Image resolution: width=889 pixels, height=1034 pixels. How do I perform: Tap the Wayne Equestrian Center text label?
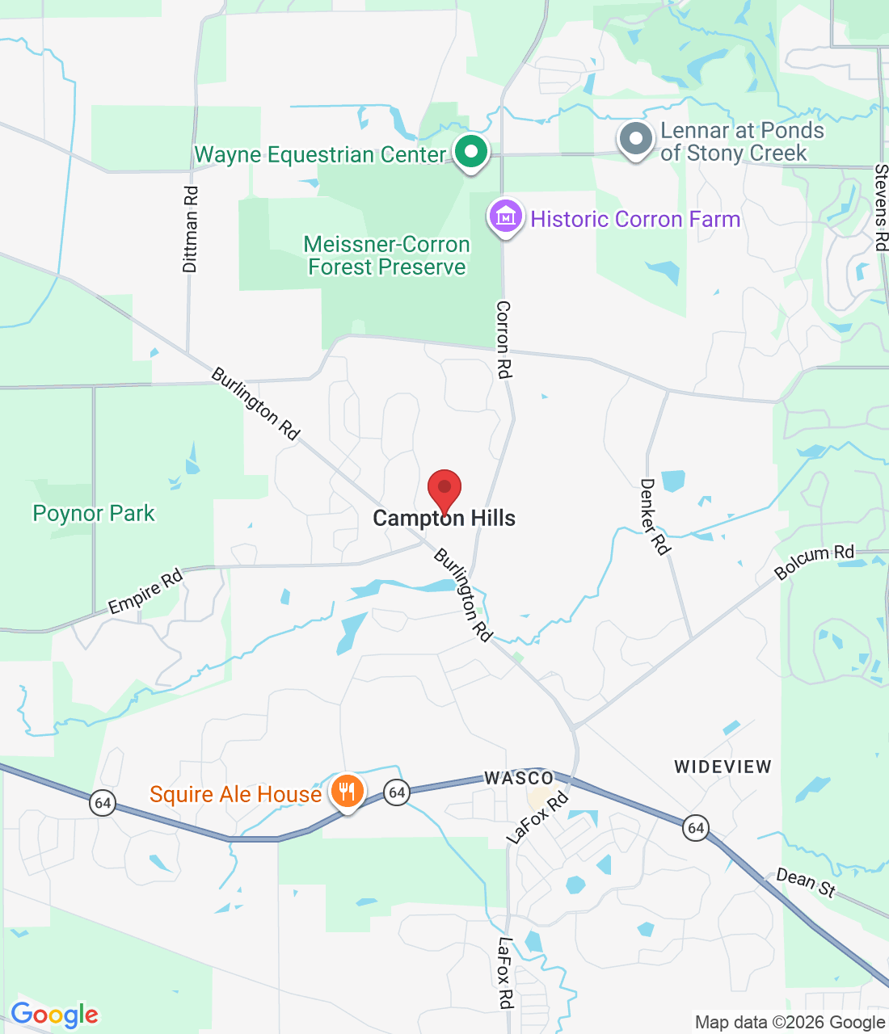[x=320, y=154]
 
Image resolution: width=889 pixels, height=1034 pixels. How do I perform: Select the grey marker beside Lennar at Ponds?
[x=636, y=140]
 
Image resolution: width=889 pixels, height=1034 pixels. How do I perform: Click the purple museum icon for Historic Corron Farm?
[x=506, y=216]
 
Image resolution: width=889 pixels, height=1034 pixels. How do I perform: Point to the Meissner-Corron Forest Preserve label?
[x=387, y=255]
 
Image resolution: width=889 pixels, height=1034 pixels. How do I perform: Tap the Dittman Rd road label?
[x=190, y=229]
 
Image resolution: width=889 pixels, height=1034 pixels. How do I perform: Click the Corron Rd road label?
[x=503, y=339]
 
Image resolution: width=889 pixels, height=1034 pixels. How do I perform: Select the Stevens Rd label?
[x=881, y=208]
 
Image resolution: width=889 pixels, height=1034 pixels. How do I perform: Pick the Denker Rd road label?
[x=655, y=517]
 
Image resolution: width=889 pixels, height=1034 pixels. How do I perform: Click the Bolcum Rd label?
[x=814, y=561]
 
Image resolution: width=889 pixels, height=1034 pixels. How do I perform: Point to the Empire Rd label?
[x=146, y=592]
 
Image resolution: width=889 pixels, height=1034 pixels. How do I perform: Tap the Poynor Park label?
[x=94, y=513]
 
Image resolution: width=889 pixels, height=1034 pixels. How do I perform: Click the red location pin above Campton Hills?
[x=444, y=490]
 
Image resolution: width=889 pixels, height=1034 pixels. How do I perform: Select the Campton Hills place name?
[x=444, y=519]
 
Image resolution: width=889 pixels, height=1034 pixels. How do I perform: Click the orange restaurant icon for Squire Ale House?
[x=347, y=791]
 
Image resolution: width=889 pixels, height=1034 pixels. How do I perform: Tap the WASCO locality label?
[x=519, y=778]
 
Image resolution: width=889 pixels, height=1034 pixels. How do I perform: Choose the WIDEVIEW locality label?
[x=723, y=767]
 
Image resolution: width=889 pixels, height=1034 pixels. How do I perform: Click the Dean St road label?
[x=805, y=882]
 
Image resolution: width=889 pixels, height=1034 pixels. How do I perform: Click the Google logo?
[x=54, y=1015]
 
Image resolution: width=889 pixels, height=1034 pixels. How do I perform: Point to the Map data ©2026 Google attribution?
[x=790, y=1023]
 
